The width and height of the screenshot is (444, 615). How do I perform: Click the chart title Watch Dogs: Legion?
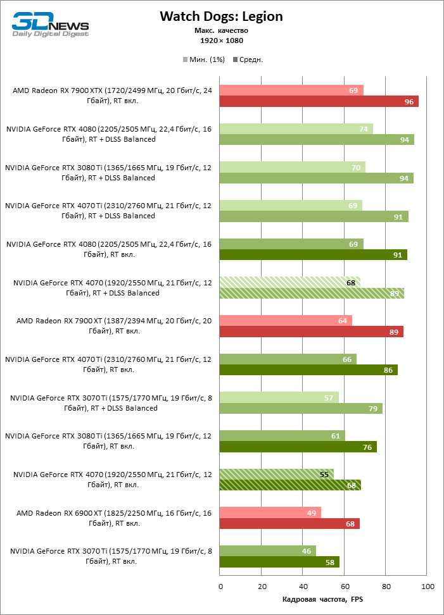click(x=221, y=16)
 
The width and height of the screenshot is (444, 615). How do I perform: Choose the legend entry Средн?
click(x=248, y=59)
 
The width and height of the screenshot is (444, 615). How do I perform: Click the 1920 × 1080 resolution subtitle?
click(x=221, y=40)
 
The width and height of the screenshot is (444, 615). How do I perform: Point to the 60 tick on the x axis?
click(x=345, y=587)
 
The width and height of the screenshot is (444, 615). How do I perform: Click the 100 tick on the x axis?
click(x=427, y=587)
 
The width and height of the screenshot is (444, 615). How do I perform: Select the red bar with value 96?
click(x=319, y=101)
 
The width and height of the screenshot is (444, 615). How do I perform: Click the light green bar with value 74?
click(x=296, y=129)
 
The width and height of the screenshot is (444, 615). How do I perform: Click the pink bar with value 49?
click(x=270, y=512)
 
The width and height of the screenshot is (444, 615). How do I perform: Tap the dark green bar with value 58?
click(x=279, y=562)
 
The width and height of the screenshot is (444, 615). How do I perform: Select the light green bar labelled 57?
click(x=279, y=397)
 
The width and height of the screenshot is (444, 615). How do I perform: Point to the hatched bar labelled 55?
click(x=276, y=474)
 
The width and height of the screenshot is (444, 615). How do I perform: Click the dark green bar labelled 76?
click(x=298, y=447)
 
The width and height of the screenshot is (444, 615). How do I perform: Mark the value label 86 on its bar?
click(x=388, y=370)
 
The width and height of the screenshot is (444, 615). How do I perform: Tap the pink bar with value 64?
click(x=285, y=321)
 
